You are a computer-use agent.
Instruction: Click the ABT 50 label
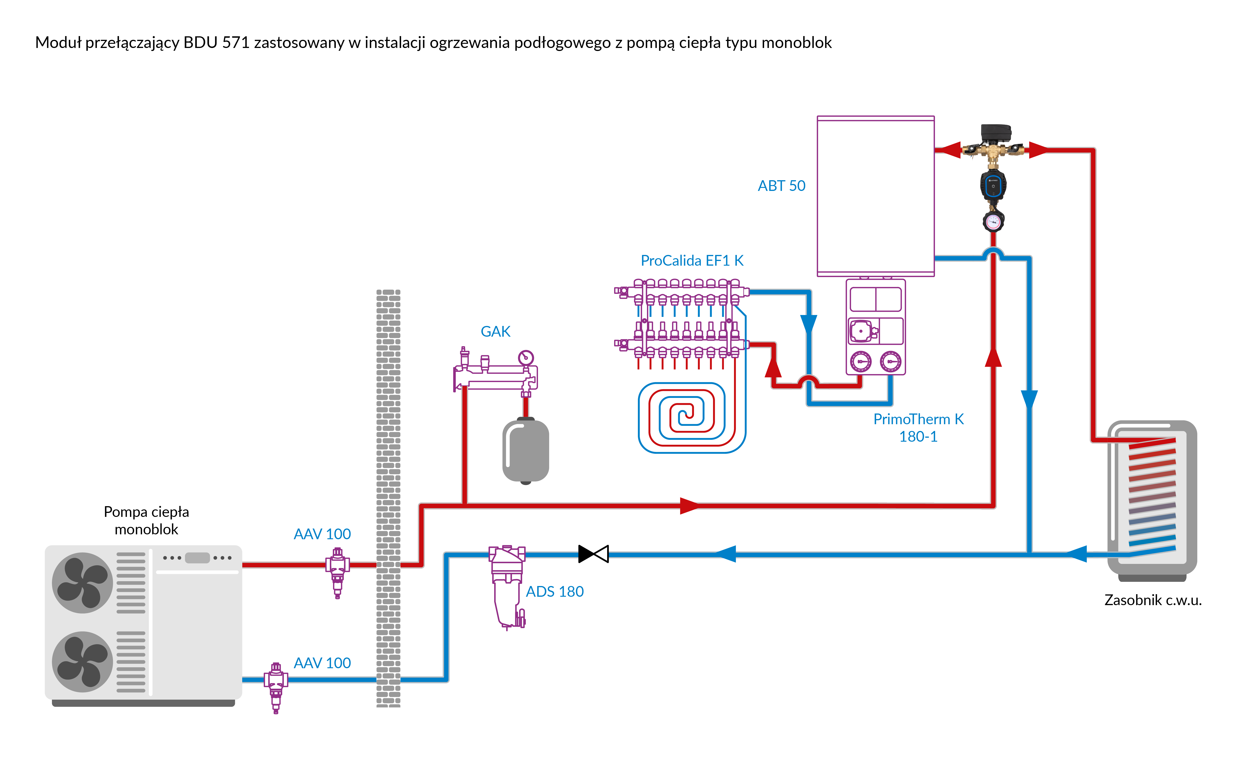781,186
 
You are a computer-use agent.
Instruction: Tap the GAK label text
495,332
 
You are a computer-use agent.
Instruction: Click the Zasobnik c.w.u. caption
1153,600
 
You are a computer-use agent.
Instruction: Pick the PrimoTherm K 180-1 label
918,427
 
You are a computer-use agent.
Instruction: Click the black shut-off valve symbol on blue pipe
593,554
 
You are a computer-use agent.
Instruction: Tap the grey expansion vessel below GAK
526,451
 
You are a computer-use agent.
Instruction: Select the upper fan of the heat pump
82,583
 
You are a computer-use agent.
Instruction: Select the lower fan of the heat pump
82,661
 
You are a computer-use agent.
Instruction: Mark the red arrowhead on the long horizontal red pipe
689,505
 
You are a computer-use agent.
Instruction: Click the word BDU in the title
201,43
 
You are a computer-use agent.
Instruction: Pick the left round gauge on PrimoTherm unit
861,361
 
